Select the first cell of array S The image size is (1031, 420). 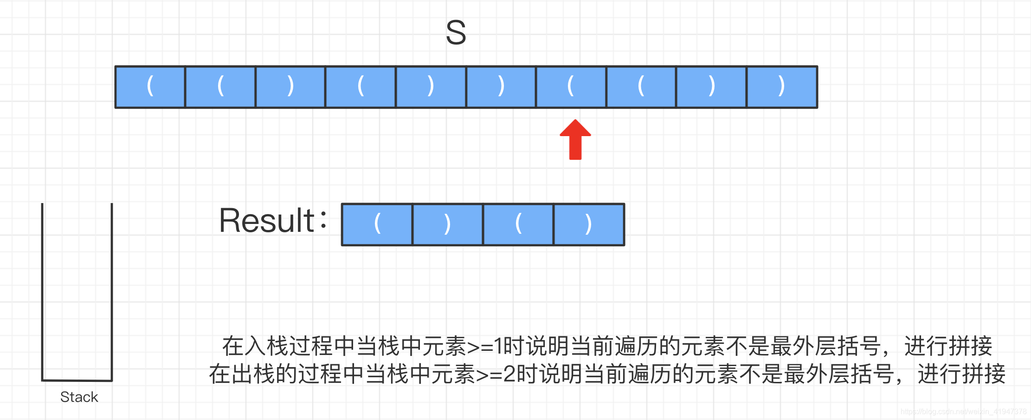tap(150, 87)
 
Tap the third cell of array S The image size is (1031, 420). tap(290, 87)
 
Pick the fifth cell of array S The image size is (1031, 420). tap(431, 87)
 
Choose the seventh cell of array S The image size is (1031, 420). tap(571, 87)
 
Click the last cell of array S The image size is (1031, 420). tap(782, 87)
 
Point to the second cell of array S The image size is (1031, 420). tap(220, 87)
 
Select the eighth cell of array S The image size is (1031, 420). tap(641, 87)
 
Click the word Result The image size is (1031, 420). tap(267, 221)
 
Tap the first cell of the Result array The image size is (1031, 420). tap(377, 224)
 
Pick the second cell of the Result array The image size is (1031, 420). tap(448, 224)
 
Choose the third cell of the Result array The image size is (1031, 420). tap(518, 224)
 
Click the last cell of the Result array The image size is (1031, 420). tap(589, 224)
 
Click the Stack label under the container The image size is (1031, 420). tap(79, 397)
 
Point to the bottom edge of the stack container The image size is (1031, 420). tap(77, 381)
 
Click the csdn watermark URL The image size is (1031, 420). tap(963, 412)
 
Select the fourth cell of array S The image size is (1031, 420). tap(361, 87)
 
